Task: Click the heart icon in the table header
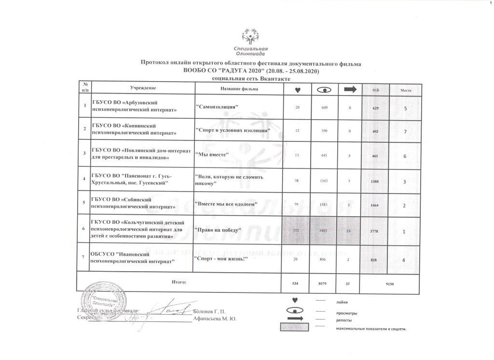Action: click(298, 90)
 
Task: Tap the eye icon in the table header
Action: click(324, 90)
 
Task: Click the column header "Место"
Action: click(406, 90)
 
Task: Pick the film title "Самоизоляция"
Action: click(218, 107)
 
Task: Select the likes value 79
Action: click(297, 204)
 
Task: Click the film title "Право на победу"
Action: click(218, 230)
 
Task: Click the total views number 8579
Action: click(324, 284)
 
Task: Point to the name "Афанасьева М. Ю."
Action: click(214, 319)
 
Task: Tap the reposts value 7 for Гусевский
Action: click(349, 180)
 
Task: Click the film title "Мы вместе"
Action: click(211, 155)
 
